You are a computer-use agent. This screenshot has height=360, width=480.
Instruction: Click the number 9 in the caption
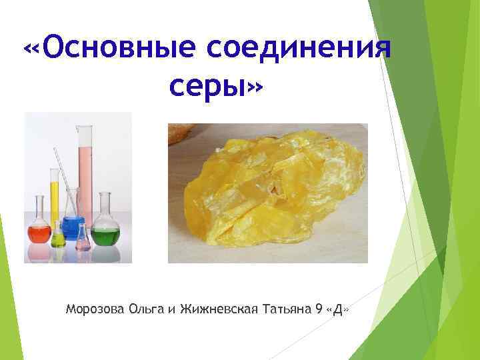317,309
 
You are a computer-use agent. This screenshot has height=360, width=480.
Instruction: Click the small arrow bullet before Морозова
59,309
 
